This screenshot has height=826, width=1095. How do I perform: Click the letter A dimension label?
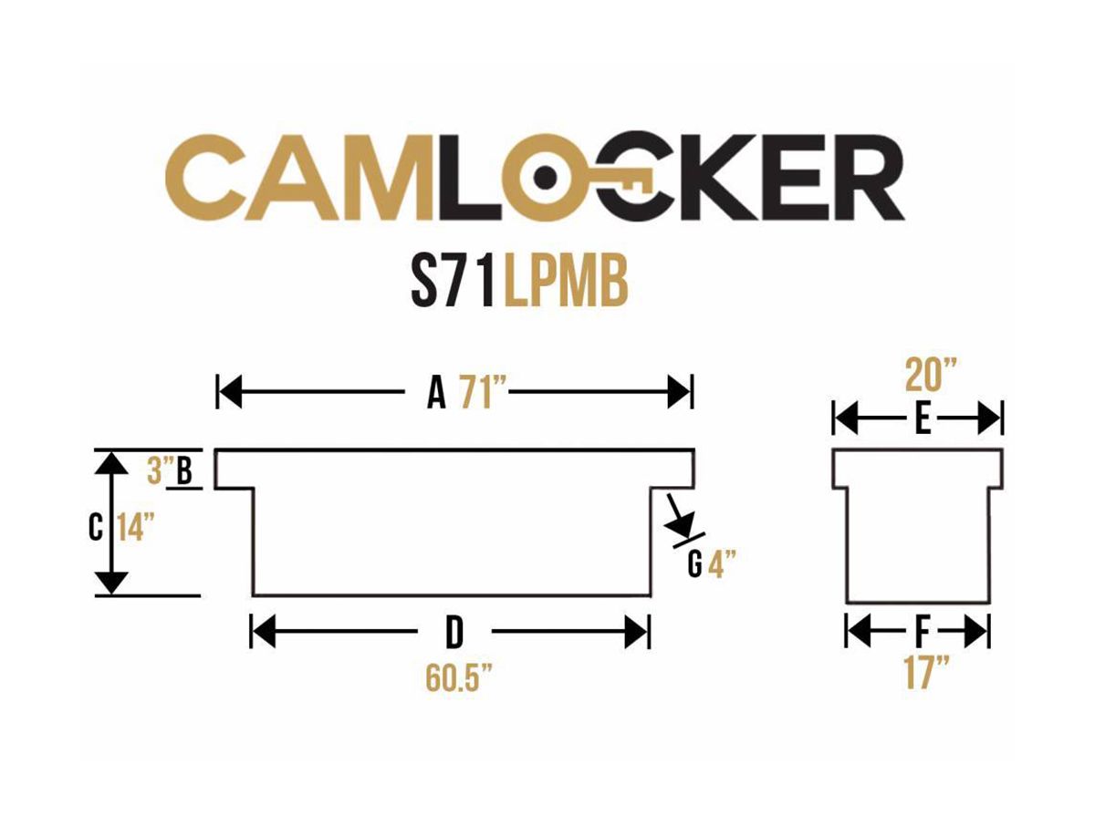(x=436, y=394)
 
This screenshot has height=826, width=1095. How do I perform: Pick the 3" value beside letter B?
(x=159, y=470)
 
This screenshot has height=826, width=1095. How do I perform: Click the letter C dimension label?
(x=96, y=528)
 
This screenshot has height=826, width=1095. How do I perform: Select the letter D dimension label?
(x=453, y=631)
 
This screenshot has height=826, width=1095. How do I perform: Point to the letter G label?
(x=694, y=566)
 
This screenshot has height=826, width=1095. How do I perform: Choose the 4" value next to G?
(x=722, y=566)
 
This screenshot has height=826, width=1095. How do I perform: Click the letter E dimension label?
(x=922, y=420)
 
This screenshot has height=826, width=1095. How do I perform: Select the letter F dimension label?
(x=921, y=631)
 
